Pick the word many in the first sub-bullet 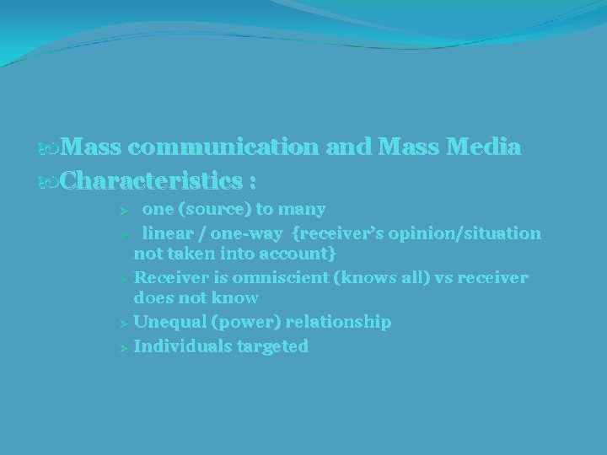point(303,208)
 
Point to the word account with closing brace point(304,254)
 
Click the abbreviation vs point(429,277)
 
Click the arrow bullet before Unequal point(123,323)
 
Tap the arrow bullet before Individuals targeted point(123,346)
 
